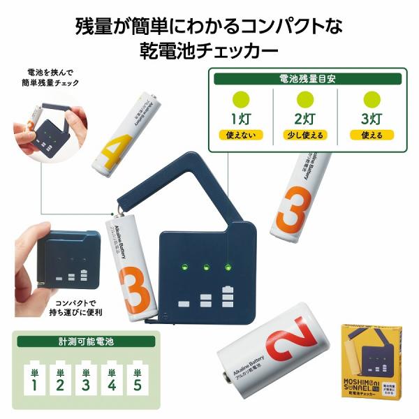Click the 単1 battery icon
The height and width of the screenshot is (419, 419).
33,377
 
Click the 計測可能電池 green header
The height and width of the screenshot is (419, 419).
87,341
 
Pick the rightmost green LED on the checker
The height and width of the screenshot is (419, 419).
228,266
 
